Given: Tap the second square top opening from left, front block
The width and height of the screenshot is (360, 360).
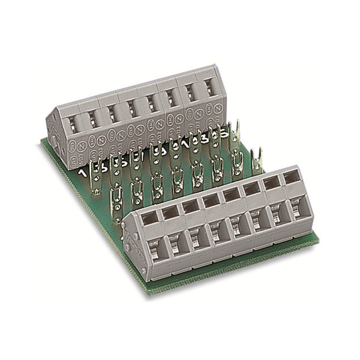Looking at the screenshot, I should coord(170,210).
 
